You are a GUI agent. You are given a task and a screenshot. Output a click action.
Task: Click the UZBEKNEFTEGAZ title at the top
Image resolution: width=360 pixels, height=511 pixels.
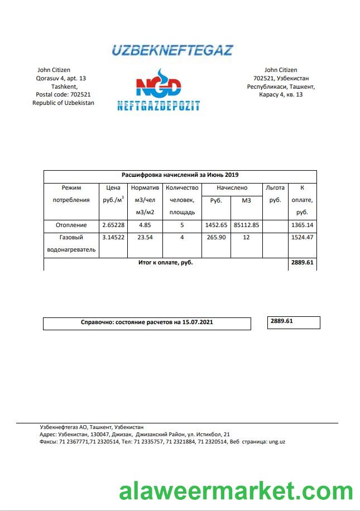pos(172,50)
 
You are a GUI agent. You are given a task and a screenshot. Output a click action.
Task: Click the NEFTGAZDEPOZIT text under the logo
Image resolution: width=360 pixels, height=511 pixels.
pos(159,105)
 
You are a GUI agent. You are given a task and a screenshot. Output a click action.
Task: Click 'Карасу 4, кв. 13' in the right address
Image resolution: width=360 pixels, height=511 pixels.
pos(281,95)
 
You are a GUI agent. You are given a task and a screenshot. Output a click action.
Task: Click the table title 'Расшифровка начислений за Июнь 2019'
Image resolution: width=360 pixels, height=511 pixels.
pos(180,175)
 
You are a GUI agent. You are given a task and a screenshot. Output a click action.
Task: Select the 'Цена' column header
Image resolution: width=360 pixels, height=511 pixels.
pos(113,188)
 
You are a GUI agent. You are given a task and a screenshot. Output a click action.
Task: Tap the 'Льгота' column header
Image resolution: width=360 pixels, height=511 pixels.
pos(275,188)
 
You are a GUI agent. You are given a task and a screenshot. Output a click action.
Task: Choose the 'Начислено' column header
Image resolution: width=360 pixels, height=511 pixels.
pos(232,188)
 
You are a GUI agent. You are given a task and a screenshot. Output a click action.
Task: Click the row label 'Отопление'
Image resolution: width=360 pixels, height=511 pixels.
pos(71,225)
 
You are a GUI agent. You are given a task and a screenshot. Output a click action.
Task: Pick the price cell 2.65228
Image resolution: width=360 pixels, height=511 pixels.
pos(113,225)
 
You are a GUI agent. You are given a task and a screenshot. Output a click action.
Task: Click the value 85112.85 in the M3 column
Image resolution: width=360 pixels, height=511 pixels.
pos(247,225)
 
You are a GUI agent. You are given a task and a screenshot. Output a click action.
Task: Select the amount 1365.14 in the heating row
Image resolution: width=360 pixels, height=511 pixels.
pos(302,225)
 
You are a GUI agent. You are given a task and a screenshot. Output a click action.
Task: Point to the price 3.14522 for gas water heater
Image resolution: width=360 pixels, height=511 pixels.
pos(113,237)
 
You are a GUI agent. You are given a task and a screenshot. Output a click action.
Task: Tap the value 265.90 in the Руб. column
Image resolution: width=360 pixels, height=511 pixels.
pos(216,237)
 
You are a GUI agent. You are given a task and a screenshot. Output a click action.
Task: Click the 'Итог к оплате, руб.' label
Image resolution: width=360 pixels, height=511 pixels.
pos(166,262)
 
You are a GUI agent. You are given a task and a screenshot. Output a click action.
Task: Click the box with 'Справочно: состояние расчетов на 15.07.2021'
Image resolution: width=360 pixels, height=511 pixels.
pos(147,322)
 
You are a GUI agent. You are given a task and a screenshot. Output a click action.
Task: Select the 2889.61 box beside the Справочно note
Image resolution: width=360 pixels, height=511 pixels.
pos(294,322)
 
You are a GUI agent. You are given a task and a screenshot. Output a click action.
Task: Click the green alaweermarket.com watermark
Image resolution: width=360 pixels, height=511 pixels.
pos(236,492)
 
